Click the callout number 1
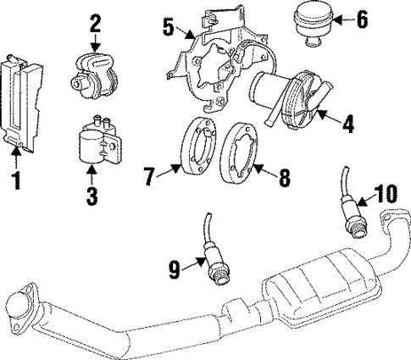14,181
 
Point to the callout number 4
347,125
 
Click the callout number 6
363,18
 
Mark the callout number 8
285,178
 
